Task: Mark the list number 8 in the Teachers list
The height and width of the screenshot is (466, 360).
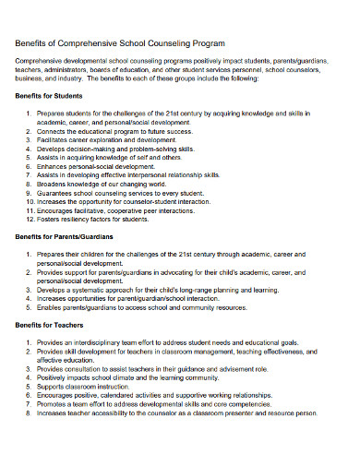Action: (x=31, y=412)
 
